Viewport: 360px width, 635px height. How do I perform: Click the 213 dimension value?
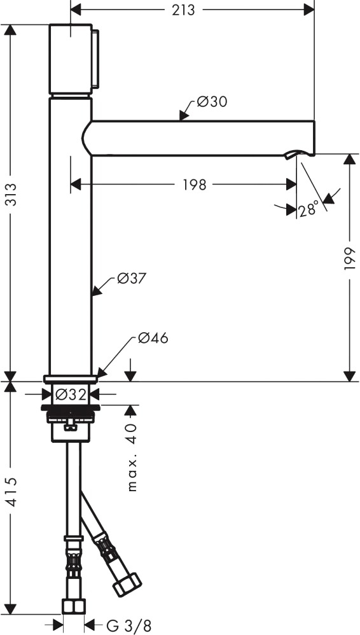tap(183, 11)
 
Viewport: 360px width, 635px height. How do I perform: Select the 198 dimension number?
tap(195, 185)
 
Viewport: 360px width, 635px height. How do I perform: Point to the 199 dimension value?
tap(349, 259)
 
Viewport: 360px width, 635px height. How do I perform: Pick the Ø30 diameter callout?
tap(212, 102)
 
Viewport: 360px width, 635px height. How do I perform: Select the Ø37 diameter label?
tap(131, 279)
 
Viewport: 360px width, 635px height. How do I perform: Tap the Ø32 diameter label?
tap(71, 394)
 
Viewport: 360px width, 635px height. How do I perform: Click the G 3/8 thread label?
tap(128, 625)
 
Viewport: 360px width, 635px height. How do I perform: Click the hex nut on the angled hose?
tap(127, 584)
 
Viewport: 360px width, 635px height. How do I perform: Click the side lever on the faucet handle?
tap(95, 59)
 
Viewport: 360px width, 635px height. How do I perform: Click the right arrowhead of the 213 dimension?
tap(309, 11)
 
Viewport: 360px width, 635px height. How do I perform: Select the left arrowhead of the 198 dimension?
tap(76, 185)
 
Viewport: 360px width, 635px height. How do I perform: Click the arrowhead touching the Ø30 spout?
tap(183, 116)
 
